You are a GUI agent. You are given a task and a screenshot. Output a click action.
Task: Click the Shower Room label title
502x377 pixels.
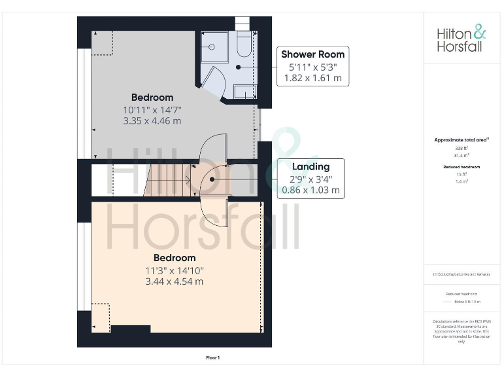pos(312,54)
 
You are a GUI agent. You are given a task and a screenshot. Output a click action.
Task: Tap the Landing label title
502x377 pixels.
pos(310,166)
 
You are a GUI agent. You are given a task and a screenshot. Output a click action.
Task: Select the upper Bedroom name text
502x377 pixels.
pos(152,98)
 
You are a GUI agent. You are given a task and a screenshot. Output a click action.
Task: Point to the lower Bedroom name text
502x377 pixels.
pos(175,258)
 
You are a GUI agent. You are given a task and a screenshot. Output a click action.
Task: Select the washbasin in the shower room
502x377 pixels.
pos(244,92)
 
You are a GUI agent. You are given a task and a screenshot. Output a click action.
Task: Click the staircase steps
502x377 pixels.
pos(166,179)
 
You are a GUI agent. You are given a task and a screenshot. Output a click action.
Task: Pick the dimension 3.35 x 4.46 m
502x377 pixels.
pos(152,121)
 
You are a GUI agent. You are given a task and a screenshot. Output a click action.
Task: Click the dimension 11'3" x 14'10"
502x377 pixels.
pos(175,270)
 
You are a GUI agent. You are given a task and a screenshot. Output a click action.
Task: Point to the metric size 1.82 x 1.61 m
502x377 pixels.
pos(312,78)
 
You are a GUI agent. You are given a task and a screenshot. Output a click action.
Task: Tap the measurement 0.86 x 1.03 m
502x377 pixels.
pos(310,190)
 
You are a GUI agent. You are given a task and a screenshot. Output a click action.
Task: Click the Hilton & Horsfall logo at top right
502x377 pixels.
pos(461,39)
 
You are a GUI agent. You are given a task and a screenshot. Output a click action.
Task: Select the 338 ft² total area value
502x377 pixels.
pos(461,149)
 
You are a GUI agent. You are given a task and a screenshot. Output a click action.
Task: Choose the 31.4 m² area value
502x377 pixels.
pos(461,155)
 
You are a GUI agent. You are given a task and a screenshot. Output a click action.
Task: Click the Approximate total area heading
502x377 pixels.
pos(461,140)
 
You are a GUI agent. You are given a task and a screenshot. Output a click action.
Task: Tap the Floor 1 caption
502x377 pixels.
pos(213,357)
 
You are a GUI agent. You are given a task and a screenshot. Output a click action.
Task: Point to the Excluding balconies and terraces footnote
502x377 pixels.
pos(461,274)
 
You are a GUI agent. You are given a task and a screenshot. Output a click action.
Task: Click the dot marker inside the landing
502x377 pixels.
pos(212,179)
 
